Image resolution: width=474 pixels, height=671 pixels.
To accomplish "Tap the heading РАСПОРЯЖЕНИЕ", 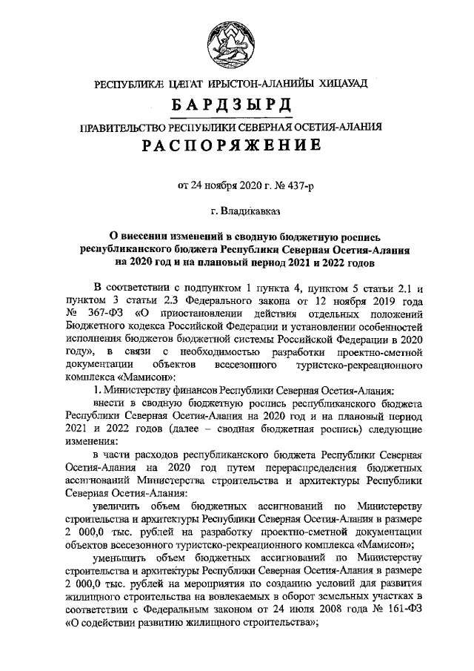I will pyautogui.click(x=237, y=145).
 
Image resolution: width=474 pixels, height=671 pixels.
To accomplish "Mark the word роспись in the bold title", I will pyautogui.click(x=358, y=237).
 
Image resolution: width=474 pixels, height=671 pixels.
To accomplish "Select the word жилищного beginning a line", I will pyautogui.click(x=92, y=597).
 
